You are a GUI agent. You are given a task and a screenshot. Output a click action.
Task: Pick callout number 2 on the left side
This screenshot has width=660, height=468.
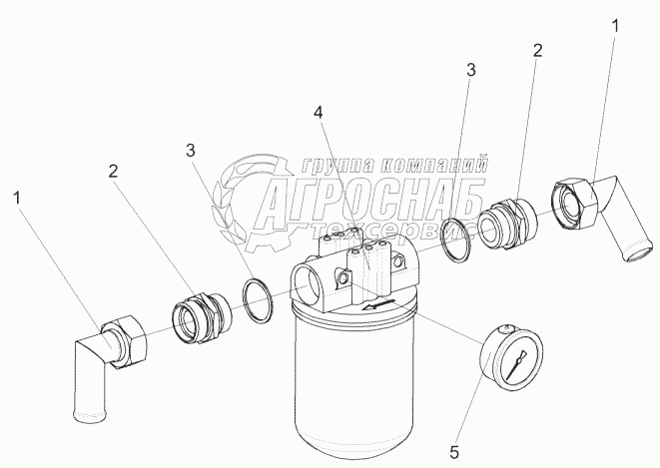(114, 172)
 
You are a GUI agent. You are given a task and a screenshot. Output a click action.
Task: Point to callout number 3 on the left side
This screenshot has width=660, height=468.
(190, 150)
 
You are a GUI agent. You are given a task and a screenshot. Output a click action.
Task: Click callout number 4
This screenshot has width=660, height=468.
(320, 114)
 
